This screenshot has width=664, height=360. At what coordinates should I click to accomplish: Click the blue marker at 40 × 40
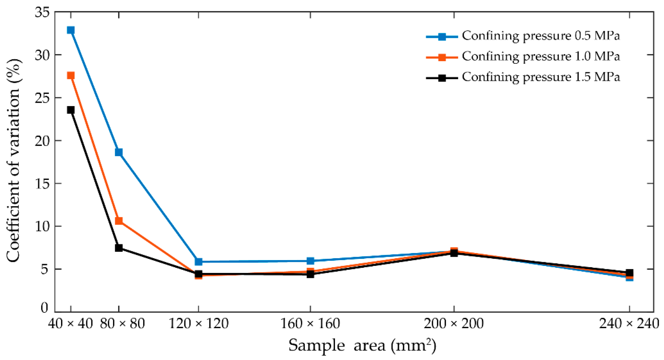(x=71, y=30)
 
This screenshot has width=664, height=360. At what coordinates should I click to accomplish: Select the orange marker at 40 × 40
(x=71, y=76)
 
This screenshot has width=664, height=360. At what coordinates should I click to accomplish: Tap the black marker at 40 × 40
(x=71, y=110)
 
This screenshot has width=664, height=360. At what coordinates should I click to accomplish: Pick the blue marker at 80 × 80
(x=119, y=152)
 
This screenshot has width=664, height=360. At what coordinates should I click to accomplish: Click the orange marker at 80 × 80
(x=119, y=221)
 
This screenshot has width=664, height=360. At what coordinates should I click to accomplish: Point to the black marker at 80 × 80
(x=119, y=248)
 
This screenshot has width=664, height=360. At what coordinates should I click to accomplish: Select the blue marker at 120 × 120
(x=199, y=261)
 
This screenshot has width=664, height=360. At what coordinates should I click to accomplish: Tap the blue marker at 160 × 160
(x=310, y=261)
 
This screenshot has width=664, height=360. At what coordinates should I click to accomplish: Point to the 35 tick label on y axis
(x=41, y=13)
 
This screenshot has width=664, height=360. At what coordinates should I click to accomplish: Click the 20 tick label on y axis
(x=41, y=141)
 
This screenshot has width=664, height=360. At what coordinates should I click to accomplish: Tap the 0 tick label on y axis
(x=44, y=308)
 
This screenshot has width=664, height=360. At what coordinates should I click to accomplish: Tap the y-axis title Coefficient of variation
(x=14, y=160)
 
